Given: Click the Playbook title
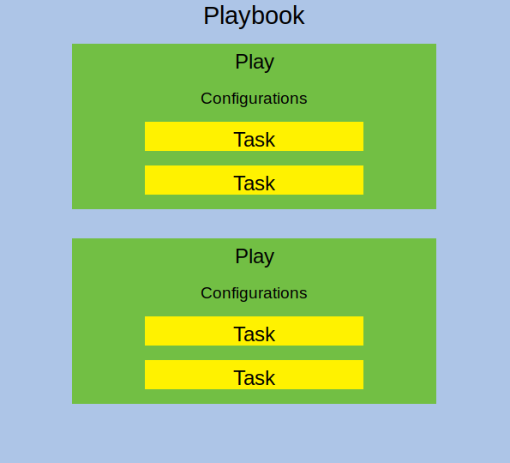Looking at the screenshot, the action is tap(254, 16).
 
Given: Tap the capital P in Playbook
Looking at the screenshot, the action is tap(210, 15).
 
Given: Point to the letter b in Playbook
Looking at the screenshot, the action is tap(247, 15).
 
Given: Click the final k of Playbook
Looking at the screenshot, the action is tap(299, 15).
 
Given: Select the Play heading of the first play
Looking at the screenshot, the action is tap(255, 62).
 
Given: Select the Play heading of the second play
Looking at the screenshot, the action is tap(255, 256).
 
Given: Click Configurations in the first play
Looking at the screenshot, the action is tap(254, 99).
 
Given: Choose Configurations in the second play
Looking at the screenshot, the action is tap(254, 293).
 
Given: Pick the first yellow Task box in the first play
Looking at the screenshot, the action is tap(254, 136).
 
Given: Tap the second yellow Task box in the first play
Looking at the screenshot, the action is tap(254, 180).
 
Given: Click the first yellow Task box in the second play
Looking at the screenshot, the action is tap(254, 331).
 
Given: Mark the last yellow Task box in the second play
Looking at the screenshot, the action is tap(254, 375).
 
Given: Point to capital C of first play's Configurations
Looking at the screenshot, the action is tap(207, 99).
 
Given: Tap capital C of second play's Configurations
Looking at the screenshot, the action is tap(207, 293).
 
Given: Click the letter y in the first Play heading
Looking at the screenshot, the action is tap(269, 64).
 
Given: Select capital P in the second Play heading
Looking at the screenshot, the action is tap(241, 256).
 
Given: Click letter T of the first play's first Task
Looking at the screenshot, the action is tap(239, 140).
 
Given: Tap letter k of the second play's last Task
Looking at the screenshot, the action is tap(271, 377).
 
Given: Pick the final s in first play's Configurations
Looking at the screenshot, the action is tap(303, 100).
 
